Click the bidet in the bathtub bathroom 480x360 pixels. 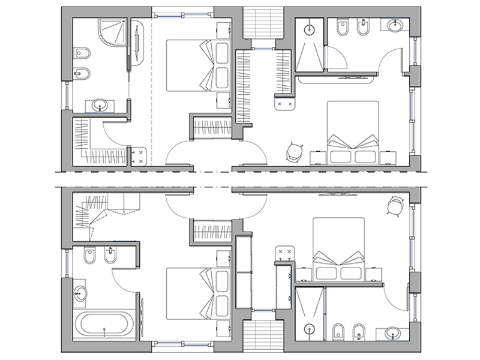(x=110, y=257)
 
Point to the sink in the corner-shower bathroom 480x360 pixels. (x=100, y=106)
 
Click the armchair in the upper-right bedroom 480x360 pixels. (x=293, y=152)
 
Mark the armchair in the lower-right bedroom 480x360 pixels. (x=393, y=207)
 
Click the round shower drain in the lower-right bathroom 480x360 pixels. (x=310, y=328)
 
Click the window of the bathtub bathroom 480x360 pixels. (x=65, y=265)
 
